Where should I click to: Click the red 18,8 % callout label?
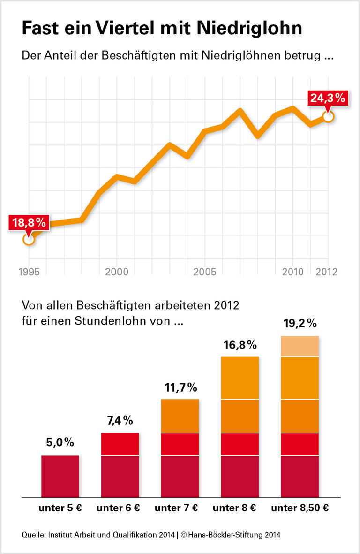29,222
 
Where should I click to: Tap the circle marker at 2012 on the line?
328,116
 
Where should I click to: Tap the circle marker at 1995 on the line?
29,239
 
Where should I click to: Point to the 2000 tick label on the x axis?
117,272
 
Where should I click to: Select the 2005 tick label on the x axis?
204,272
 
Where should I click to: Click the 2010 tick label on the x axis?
292,272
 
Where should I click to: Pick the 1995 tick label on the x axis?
29,272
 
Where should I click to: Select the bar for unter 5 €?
60,476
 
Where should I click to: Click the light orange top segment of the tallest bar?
300,346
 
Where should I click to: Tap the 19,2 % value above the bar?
300,323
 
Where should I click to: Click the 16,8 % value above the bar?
240,345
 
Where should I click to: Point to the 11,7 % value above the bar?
180,387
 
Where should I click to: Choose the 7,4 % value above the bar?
120,421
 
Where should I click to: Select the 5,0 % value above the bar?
60,443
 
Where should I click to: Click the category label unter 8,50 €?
300,508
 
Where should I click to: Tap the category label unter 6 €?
118,508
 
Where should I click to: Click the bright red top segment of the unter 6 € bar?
120,444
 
